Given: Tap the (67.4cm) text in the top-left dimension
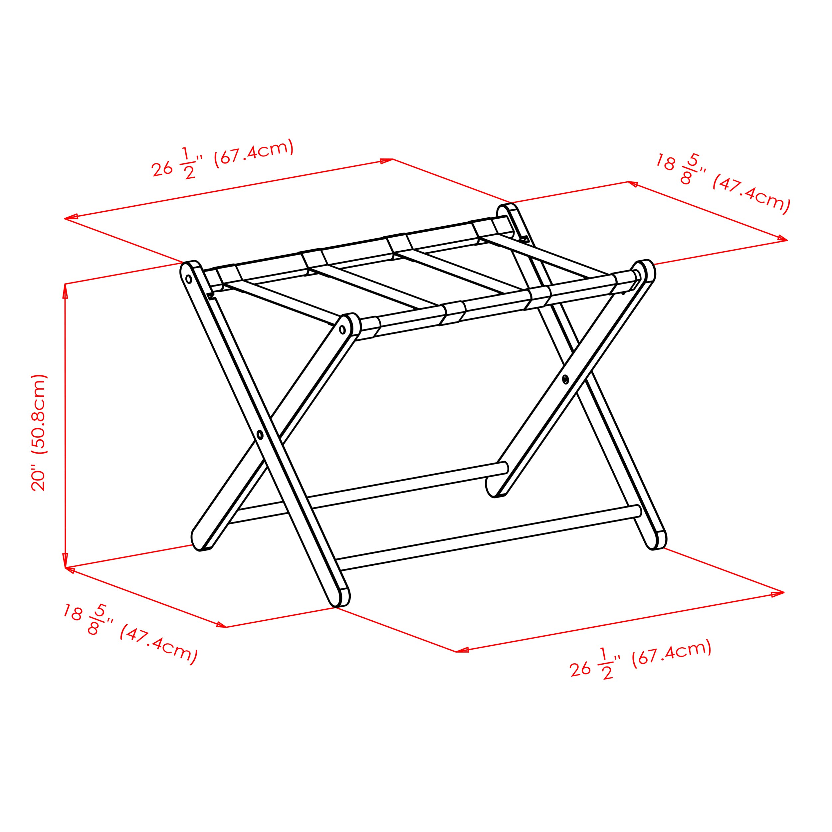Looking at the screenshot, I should point(254,152).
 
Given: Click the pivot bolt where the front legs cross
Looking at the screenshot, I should point(260,435).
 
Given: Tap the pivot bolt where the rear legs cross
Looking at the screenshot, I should point(565,379).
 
